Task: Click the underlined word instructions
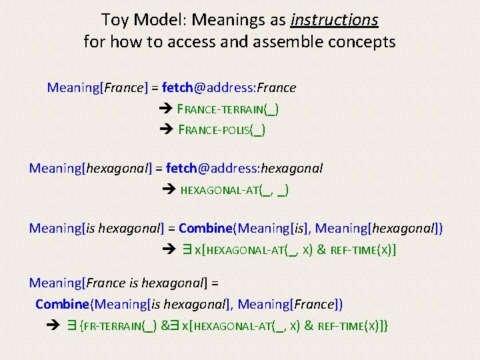point(335,20)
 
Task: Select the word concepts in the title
point(367,43)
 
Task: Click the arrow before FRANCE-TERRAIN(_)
point(166,109)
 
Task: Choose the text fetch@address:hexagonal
point(244,169)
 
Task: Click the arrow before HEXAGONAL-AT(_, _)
point(169,190)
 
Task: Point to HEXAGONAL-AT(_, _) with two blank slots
point(235,190)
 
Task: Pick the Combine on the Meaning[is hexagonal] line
point(205,229)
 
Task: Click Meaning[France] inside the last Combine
point(290,305)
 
